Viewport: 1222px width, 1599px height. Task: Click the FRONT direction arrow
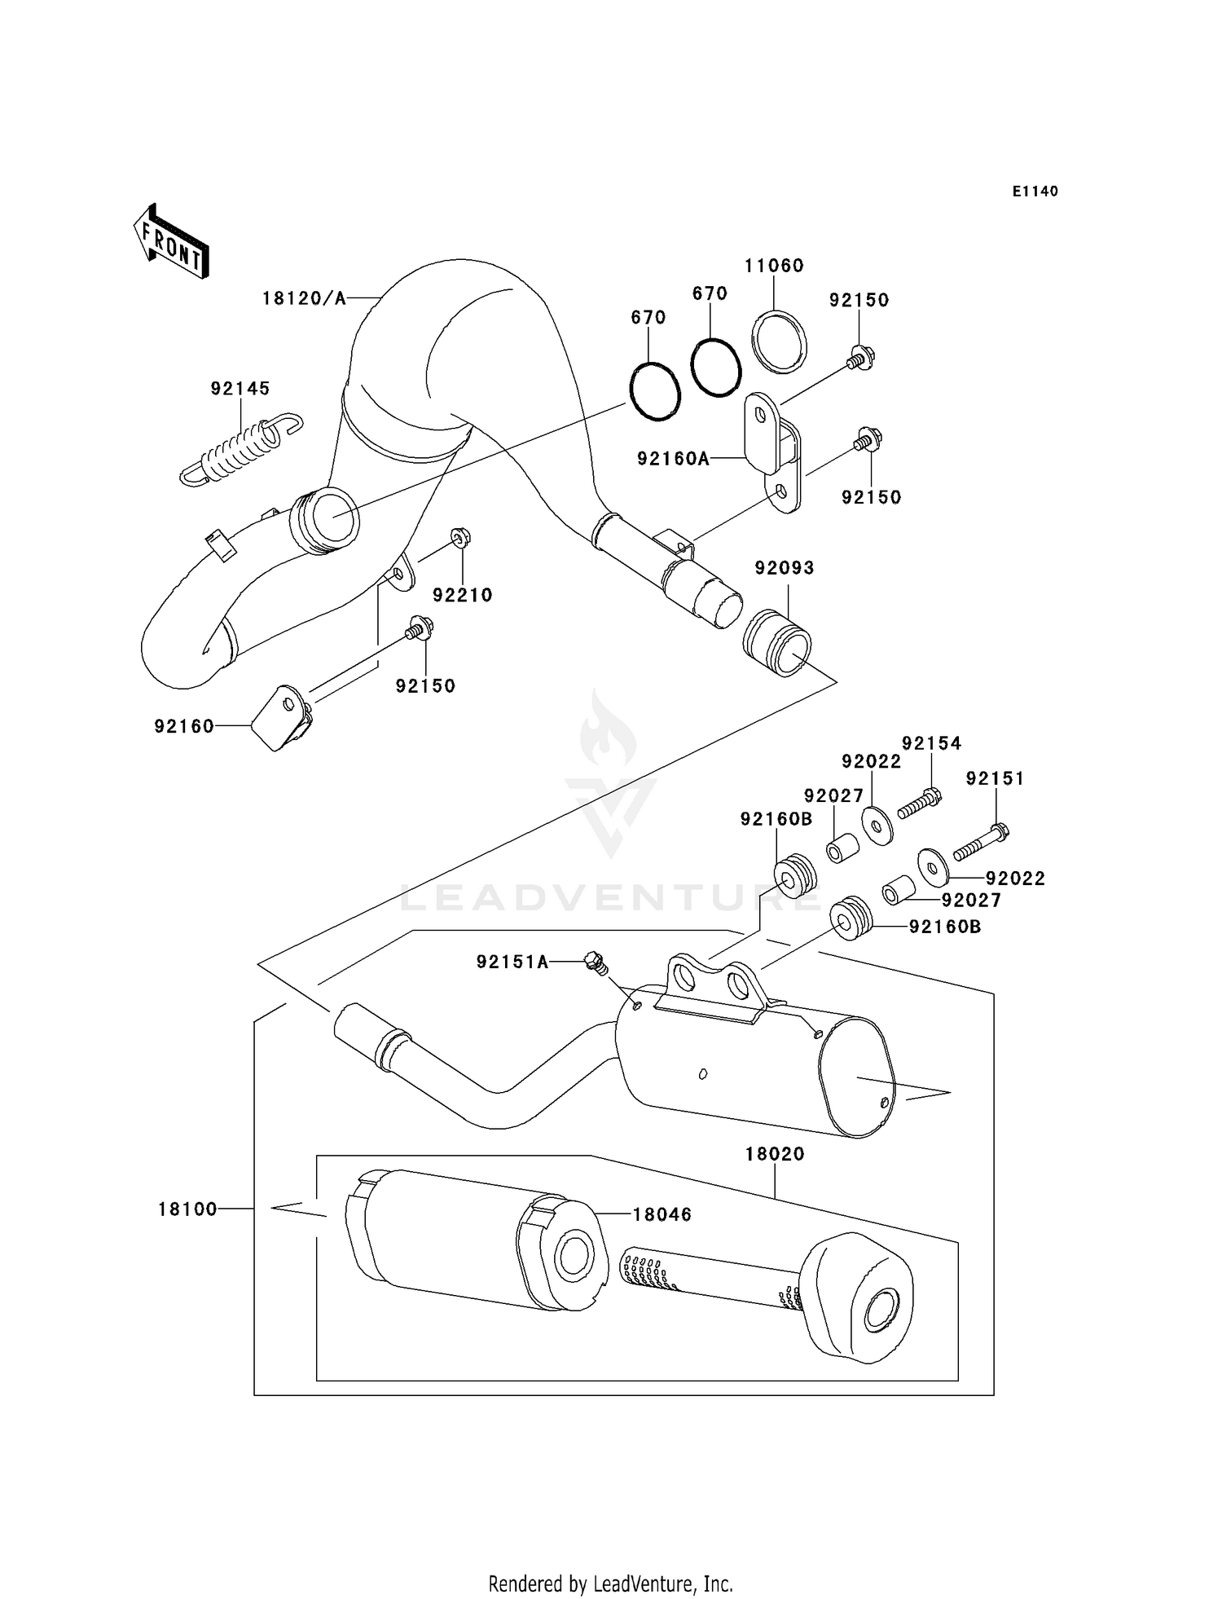(x=172, y=242)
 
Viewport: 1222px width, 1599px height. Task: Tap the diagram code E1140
(x=1035, y=192)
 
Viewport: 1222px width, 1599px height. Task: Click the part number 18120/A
(x=304, y=298)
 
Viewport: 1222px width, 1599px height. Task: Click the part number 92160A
(x=673, y=459)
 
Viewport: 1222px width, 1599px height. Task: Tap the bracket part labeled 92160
(x=280, y=718)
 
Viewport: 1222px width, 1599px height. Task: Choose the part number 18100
(x=187, y=1209)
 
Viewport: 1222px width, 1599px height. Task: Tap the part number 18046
(x=662, y=1214)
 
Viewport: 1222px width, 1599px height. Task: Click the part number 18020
(x=774, y=1153)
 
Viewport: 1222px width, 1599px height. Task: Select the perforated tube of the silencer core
(x=709, y=1280)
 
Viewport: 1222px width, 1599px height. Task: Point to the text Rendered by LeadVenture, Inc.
(x=610, y=1584)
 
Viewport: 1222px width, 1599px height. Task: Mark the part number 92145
(x=240, y=389)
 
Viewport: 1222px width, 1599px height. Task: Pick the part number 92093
(x=784, y=567)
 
